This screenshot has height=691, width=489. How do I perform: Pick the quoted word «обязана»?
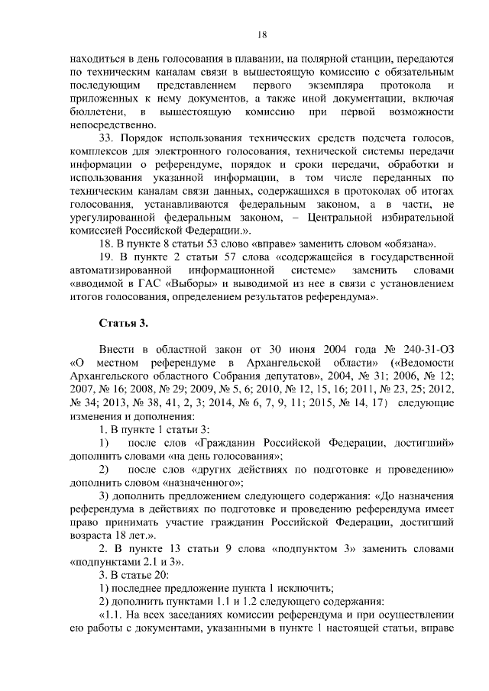pyautogui.click(x=408, y=244)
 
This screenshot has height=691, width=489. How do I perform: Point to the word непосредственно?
pyautogui.click(x=112, y=126)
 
